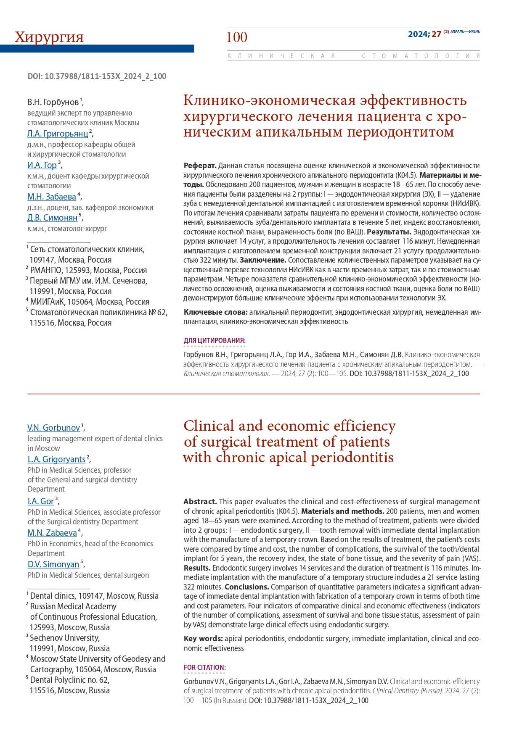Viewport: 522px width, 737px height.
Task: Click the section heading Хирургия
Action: coord(49,37)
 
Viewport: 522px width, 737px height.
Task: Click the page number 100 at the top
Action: coord(237,37)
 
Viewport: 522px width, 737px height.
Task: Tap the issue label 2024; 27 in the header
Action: coord(424,34)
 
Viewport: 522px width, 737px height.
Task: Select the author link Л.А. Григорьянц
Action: coord(58,134)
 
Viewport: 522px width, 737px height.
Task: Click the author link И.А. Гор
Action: coord(42,165)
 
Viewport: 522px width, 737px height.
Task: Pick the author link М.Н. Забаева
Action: coord(52,197)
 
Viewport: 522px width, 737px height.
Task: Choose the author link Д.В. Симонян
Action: coord(53,218)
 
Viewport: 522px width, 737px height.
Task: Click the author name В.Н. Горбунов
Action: coord(53,102)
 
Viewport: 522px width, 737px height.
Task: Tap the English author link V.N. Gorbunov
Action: coord(53,428)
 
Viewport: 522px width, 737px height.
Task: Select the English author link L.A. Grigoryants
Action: coord(56,459)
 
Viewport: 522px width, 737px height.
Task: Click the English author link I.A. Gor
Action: coord(41,501)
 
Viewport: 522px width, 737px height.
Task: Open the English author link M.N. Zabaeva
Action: coord(52,533)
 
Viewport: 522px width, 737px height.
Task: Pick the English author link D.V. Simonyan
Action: coord(53,564)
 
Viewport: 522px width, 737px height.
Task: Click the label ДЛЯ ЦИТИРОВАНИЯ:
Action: coord(215,340)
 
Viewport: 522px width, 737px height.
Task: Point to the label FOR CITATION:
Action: coord(204,667)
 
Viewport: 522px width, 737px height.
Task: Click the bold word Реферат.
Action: coord(200,166)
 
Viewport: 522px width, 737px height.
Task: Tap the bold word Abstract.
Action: coord(200,502)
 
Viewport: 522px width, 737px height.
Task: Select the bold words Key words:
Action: coord(203,639)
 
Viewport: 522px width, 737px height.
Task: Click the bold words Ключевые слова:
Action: coord(215,312)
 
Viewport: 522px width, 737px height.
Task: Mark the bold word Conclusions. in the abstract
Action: coord(246,587)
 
